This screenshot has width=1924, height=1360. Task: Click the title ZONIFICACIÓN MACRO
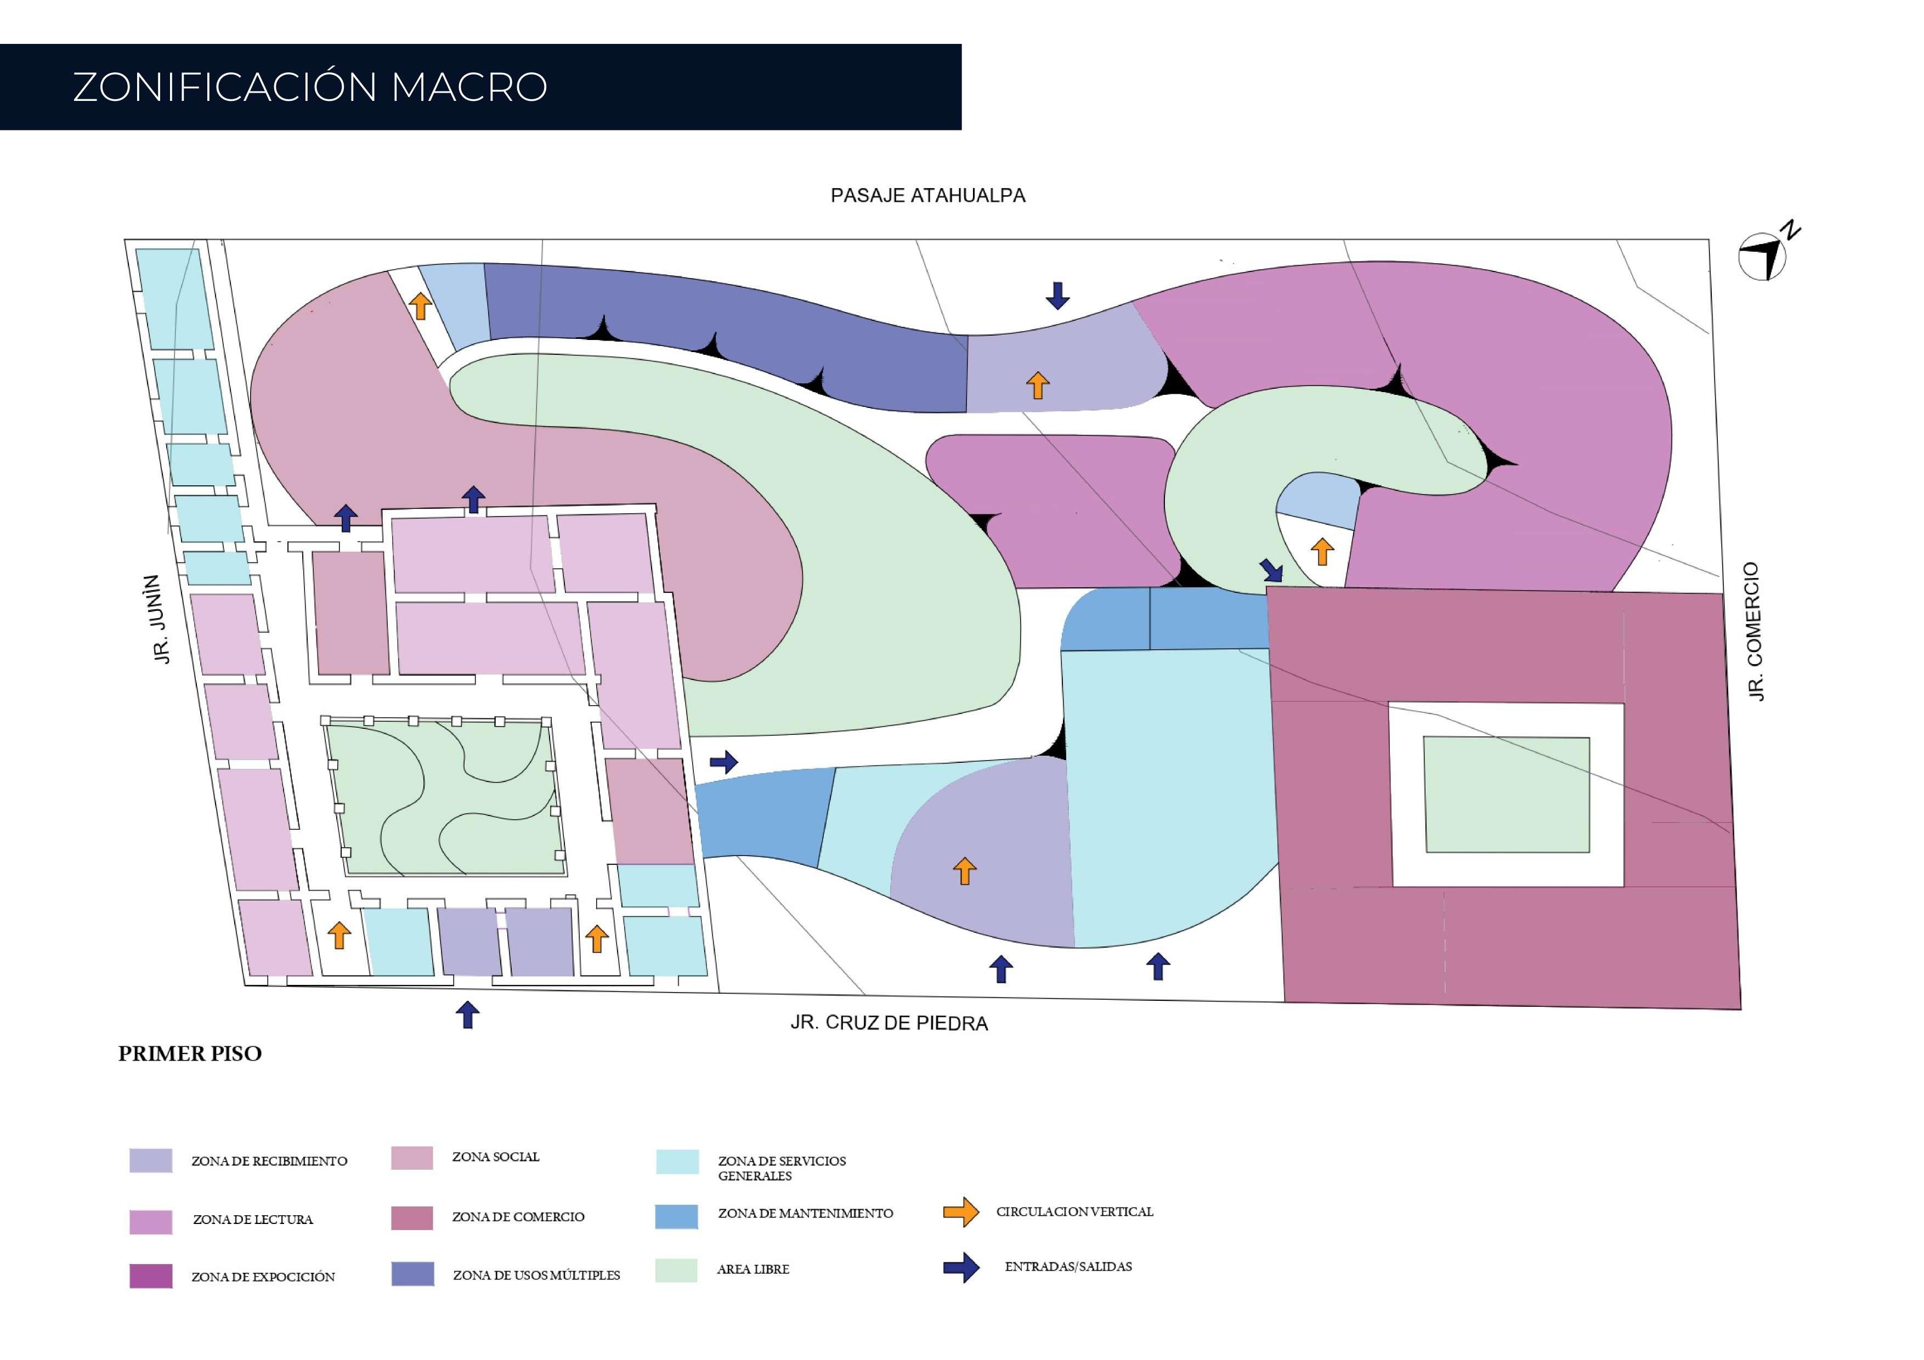pyautogui.click(x=310, y=87)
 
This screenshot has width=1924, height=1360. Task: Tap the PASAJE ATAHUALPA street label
pyautogui.click(x=927, y=195)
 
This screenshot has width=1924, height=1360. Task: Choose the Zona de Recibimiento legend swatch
pyautogui.click(x=151, y=1160)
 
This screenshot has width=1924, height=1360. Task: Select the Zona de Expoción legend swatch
pyautogui.click(x=151, y=1276)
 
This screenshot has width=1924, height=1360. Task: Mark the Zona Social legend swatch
pyautogui.click(x=412, y=1158)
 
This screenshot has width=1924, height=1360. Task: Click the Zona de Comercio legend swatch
pyautogui.click(x=412, y=1217)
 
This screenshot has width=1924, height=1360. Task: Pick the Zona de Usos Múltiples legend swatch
pyautogui.click(x=412, y=1274)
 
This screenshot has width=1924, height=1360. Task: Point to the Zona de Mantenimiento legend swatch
pyautogui.click(x=676, y=1217)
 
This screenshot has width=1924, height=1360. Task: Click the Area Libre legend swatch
pyautogui.click(x=676, y=1271)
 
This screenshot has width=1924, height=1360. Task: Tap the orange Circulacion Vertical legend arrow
pyautogui.click(x=960, y=1212)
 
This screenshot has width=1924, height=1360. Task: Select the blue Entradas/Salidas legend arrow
pyautogui.click(x=960, y=1268)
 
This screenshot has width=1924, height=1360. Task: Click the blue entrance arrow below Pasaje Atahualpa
pyautogui.click(x=1057, y=295)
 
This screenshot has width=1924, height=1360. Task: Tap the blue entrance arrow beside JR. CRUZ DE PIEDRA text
pyautogui.click(x=468, y=1015)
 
